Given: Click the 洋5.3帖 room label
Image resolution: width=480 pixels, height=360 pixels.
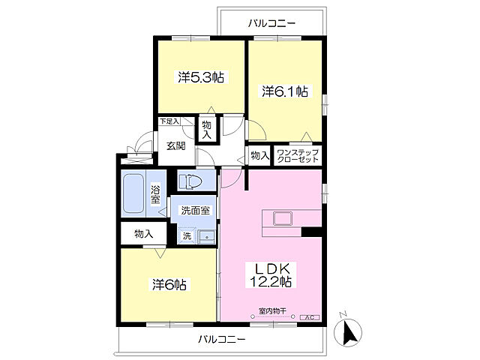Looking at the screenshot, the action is [x=201, y=77].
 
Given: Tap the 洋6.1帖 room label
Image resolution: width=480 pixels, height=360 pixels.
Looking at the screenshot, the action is [x=285, y=91].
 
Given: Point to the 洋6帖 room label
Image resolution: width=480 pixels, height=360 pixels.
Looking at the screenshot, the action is [x=169, y=285].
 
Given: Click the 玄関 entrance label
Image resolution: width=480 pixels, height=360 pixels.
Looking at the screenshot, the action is [x=176, y=146].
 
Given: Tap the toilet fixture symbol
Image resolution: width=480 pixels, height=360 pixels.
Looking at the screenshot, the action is [x=190, y=181].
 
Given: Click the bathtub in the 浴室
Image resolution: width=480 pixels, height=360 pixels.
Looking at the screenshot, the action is [x=133, y=193].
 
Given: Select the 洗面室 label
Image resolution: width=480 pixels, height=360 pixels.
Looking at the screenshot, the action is [x=195, y=211].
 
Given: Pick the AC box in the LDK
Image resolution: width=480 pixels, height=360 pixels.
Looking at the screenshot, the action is [x=310, y=317].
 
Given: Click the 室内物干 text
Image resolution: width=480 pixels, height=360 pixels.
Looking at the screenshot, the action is [x=272, y=311].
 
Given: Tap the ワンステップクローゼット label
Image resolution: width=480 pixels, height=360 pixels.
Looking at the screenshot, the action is [x=298, y=156].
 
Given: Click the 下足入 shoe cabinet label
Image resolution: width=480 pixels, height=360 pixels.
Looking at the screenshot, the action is [x=169, y=121].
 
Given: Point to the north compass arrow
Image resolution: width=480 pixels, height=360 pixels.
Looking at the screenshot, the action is [x=348, y=331].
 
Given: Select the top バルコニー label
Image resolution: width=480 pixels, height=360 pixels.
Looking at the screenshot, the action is [x=271, y=23].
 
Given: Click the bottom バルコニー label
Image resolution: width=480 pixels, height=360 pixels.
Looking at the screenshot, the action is [x=222, y=339].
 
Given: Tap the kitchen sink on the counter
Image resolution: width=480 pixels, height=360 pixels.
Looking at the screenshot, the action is [x=283, y=218].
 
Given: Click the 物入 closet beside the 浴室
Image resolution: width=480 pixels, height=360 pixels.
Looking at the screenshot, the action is [x=143, y=234].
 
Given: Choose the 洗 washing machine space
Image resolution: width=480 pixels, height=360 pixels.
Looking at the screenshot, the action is [x=187, y=236].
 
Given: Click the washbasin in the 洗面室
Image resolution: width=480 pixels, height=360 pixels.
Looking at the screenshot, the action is [x=207, y=237].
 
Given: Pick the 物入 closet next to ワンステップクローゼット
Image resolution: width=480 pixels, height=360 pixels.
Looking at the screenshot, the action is [x=260, y=156].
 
